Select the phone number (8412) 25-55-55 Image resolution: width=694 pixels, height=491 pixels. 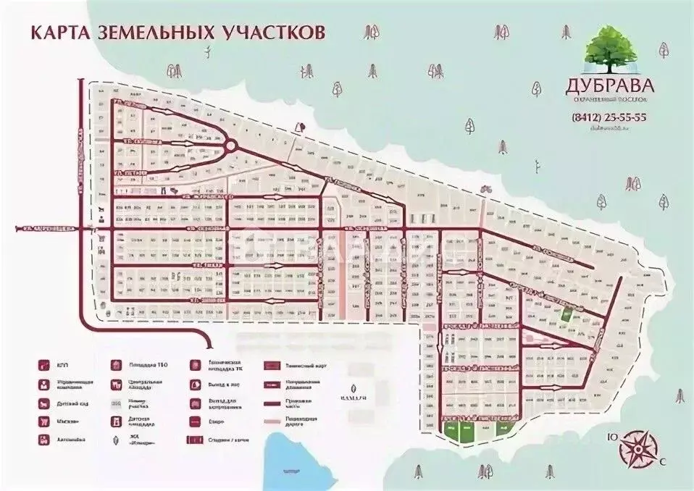[x=609, y=117]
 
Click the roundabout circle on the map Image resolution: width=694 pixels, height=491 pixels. [x=230, y=146]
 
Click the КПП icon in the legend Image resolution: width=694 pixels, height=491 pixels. [x=43, y=366]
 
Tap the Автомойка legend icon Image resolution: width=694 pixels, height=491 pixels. [x=43, y=439]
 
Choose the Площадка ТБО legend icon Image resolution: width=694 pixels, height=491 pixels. [x=116, y=366]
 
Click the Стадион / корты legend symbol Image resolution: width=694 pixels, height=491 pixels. [x=196, y=439]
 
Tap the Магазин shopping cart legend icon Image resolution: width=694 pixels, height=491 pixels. [x=43, y=421]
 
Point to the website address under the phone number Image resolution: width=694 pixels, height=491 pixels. [x=609, y=128]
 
